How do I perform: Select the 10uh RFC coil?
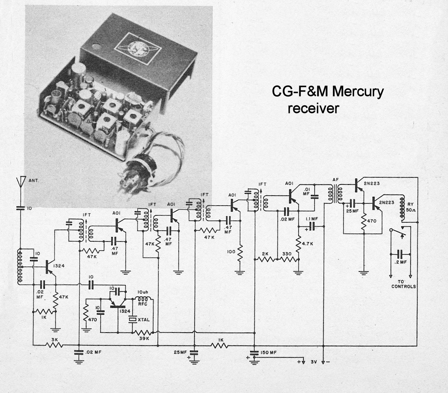(x=143, y=299)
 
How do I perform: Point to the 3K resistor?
(x=54, y=344)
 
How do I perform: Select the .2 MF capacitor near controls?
(x=400, y=254)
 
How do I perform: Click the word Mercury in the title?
(x=358, y=92)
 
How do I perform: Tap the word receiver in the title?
(x=313, y=109)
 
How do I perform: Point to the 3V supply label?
(x=313, y=362)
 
